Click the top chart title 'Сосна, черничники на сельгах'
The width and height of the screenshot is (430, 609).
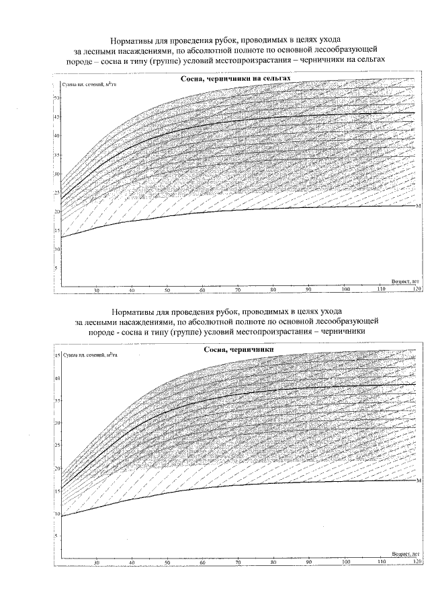tap(236, 79)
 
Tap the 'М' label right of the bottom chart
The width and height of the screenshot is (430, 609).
tap(419, 480)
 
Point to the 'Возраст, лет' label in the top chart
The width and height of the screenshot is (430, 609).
tap(405, 282)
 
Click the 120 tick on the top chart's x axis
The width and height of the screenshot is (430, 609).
tap(417, 290)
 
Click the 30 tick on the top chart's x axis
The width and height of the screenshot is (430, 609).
tap(96, 291)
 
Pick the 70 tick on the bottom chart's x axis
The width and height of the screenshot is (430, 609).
tap(239, 561)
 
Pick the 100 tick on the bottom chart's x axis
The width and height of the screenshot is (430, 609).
tap(345, 561)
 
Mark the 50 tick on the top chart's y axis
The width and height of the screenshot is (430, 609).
tap(57, 98)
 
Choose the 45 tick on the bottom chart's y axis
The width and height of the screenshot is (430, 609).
tap(57, 355)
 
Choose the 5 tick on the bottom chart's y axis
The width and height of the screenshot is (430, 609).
tap(58, 536)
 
